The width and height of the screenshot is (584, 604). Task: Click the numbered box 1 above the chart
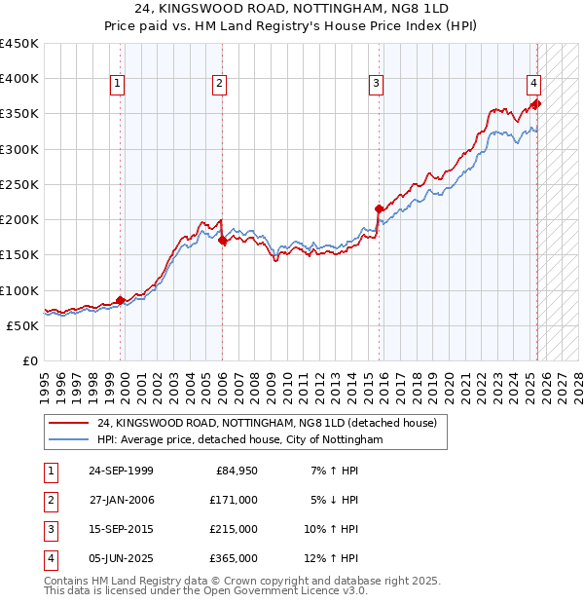[117, 85]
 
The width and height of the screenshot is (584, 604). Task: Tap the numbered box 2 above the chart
[220, 85]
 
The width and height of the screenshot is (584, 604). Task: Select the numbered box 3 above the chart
[376, 85]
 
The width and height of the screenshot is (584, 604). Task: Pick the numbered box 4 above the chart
[534, 85]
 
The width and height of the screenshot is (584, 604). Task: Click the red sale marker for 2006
[222, 240]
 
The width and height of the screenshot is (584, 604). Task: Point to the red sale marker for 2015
[379, 208]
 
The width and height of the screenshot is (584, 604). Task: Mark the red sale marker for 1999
[121, 300]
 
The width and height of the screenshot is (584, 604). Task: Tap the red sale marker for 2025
[536, 103]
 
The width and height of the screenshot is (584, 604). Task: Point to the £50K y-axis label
[23, 325]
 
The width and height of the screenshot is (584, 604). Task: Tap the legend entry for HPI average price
[240, 440]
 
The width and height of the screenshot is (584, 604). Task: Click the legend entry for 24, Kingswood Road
[268, 423]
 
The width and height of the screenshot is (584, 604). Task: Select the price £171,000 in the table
[234, 500]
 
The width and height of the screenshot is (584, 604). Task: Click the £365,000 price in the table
[234, 558]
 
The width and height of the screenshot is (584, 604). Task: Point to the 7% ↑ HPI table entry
[333, 471]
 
